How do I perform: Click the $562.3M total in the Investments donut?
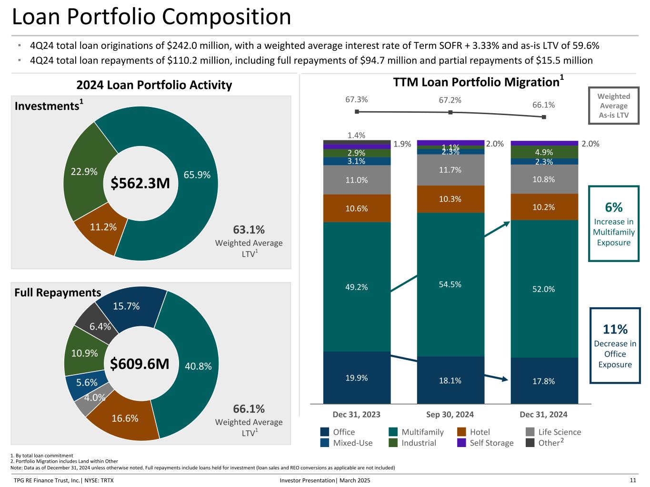(x=140, y=183)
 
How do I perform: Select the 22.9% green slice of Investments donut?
(x=86, y=172)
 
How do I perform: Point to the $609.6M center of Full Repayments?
(x=140, y=364)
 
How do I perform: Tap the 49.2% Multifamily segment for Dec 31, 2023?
(x=357, y=286)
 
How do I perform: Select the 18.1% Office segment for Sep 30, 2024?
(x=450, y=380)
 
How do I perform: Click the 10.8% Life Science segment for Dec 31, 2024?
(x=544, y=179)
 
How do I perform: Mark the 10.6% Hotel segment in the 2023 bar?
(x=357, y=208)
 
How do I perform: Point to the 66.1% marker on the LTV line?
(x=544, y=117)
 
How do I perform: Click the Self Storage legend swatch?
(x=461, y=443)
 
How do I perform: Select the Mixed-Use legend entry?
(x=347, y=443)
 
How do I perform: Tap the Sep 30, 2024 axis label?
(x=450, y=414)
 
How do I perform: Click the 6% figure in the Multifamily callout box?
(x=614, y=207)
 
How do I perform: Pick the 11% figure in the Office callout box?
(x=615, y=329)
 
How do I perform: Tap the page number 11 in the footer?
(x=633, y=480)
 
